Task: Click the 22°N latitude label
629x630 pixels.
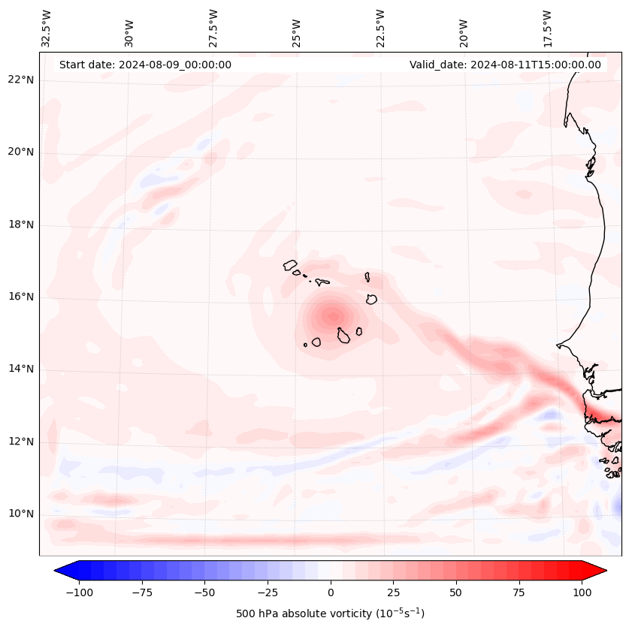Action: coord(21,80)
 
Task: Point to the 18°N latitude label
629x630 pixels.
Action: coord(21,225)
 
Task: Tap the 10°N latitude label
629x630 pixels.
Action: coord(21,514)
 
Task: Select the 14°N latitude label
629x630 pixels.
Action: coord(21,369)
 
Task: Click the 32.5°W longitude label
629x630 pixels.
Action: coord(47,28)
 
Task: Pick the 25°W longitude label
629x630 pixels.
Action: coord(298,28)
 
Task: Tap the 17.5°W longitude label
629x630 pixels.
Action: coord(548,28)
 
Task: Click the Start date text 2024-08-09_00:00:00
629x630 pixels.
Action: coord(145,65)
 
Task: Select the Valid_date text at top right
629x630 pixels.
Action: coord(505,65)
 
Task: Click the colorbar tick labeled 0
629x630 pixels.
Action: coord(331,592)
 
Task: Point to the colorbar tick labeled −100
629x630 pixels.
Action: coord(79,592)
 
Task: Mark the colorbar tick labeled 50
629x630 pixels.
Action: coord(456,592)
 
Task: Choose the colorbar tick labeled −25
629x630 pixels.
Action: coord(268,592)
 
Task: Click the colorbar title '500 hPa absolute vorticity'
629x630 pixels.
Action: coord(331,613)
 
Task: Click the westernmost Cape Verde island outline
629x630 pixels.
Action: coord(290,264)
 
